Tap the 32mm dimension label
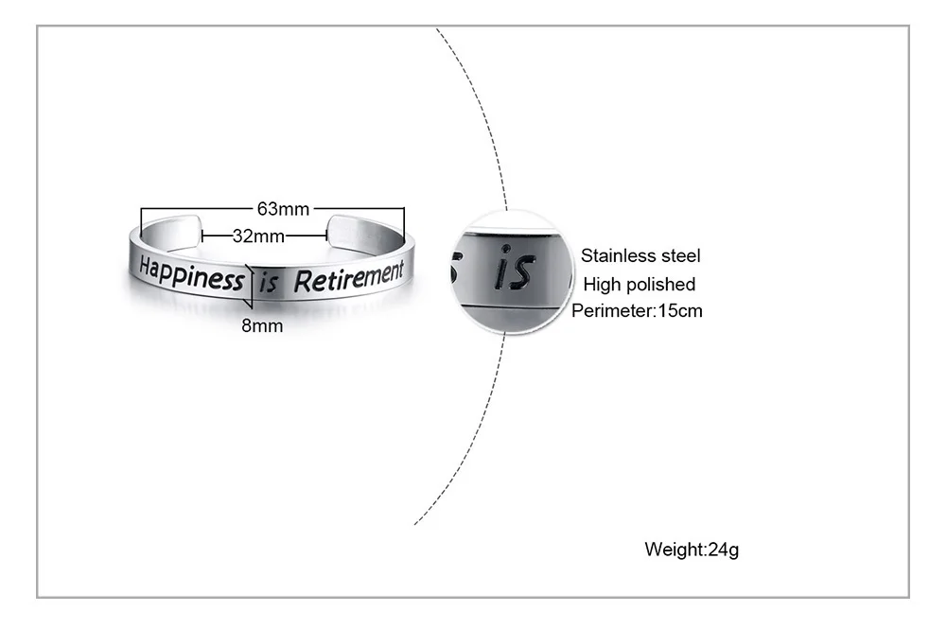(x=258, y=236)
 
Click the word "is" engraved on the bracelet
(x=269, y=283)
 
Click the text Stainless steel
(x=640, y=255)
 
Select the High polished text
(x=639, y=284)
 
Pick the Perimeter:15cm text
(x=637, y=310)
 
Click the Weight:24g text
(x=692, y=549)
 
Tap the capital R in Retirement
(x=302, y=280)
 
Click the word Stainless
(x=618, y=255)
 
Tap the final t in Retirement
(x=399, y=271)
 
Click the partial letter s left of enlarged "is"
(x=455, y=269)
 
